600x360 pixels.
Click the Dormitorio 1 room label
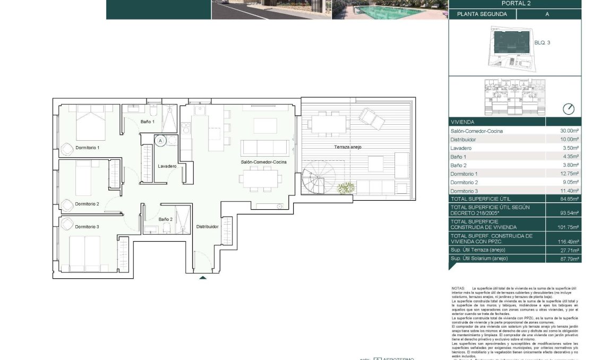[x=87, y=148]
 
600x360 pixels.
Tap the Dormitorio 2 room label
[x=87, y=204]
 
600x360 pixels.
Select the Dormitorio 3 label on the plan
[x=87, y=227]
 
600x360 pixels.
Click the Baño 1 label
[x=148, y=122]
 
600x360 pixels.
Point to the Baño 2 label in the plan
[x=165, y=219]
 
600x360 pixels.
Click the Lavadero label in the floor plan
[x=167, y=166]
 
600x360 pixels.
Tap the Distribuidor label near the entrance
[x=207, y=226]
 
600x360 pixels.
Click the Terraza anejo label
[x=348, y=147]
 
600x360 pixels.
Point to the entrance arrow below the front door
[x=202, y=277]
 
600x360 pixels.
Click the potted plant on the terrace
[x=346, y=187]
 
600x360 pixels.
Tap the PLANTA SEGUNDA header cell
[x=482, y=14]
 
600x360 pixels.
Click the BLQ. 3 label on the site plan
[x=542, y=42]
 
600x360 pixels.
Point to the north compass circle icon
[x=568, y=109]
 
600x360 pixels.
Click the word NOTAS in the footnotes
[x=458, y=288]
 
